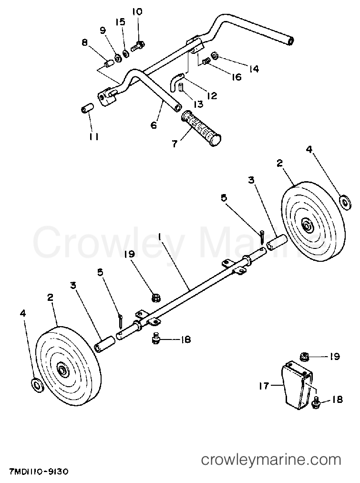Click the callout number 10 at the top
click(x=137, y=12)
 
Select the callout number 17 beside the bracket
click(x=264, y=386)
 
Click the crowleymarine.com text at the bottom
click(x=271, y=460)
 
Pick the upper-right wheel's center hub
click(x=306, y=226)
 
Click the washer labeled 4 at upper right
click(x=345, y=202)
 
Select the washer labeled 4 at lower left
click(x=37, y=385)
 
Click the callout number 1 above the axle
click(x=160, y=236)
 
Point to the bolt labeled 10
click(x=137, y=47)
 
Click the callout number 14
click(x=254, y=69)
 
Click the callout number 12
click(x=212, y=95)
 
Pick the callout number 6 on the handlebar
click(x=154, y=125)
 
